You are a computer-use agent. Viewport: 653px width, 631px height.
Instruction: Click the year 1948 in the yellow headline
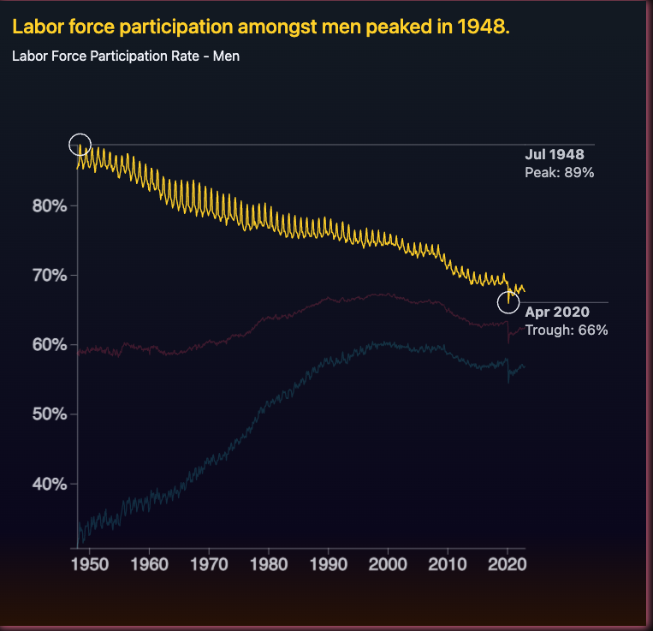tap(484, 27)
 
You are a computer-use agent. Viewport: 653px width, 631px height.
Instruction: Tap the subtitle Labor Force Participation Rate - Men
tap(126, 57)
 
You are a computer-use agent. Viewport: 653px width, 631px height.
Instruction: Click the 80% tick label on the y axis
tap(50, 205)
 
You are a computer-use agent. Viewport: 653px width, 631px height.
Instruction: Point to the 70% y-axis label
tap(50, 275)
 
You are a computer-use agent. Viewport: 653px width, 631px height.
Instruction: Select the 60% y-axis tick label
tap(50, 344)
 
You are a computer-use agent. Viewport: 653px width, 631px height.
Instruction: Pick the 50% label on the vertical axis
tap(50, 414)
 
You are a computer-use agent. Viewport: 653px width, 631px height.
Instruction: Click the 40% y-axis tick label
tap(50, 484)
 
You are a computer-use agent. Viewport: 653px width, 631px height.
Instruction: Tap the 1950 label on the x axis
tap(90, 566)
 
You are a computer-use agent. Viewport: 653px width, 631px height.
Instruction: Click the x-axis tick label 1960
tap(150, 566)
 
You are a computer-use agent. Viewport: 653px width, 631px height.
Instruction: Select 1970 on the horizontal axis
tap(209, 566)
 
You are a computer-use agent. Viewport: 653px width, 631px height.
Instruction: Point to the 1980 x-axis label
tap(269, 566)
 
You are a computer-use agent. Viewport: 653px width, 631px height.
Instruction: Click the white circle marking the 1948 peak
tap(80, 145)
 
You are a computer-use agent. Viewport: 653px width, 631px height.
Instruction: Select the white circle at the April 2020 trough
tap(508, 302)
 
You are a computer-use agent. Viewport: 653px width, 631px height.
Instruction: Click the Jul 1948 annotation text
tap(554, 155)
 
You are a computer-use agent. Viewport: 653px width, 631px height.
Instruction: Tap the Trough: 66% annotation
tap(566, 330)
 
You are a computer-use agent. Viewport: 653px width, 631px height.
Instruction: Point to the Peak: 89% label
tap(559, 172)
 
